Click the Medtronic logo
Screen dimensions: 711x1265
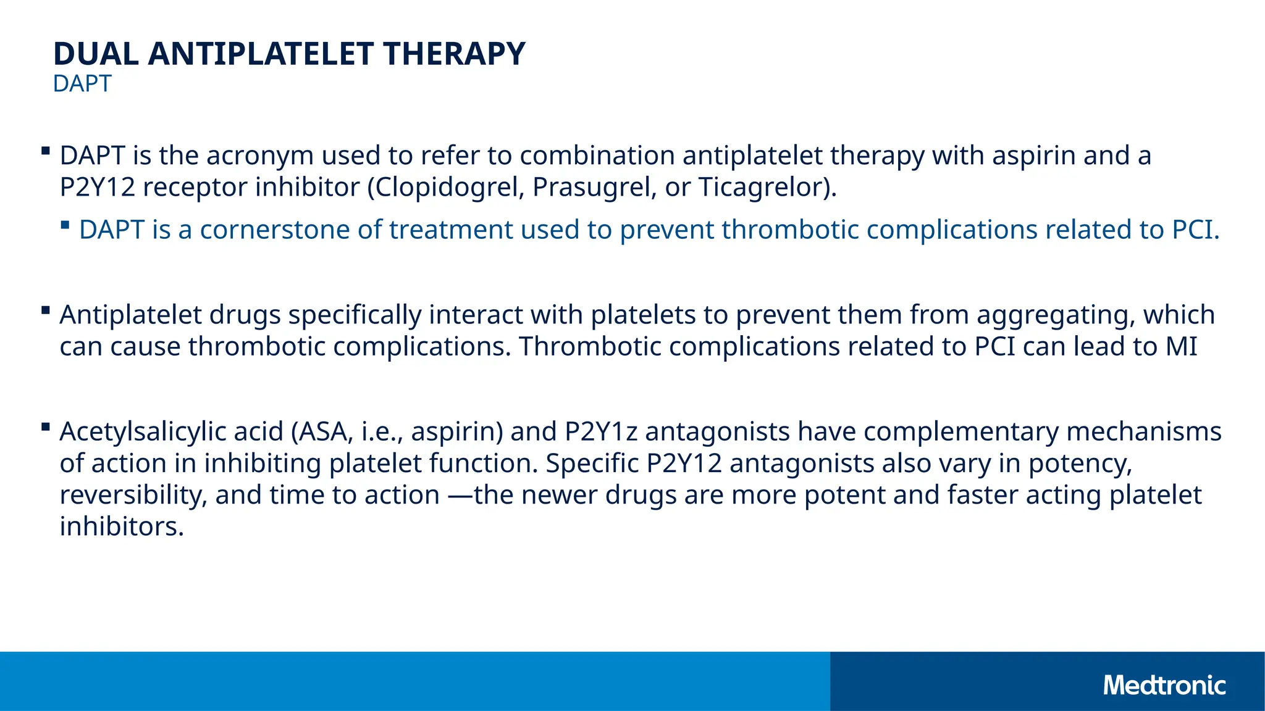(x=1164, y=686)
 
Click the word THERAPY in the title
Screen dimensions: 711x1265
(x=454, y=54)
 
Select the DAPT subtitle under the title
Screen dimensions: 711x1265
(x=82, y=84)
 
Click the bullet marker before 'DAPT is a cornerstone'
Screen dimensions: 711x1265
(x=65, y=225)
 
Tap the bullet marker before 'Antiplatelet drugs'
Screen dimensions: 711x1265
(x=46, y=310)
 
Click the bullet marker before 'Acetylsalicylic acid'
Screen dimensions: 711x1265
(x=46, y=426)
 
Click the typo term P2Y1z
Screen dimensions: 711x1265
(x=601, y=432)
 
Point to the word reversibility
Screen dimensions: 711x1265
(x=133, y=496)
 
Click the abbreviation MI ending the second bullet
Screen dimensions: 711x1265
(x=1181, y=347)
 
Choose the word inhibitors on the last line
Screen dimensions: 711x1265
(x=122, y=527)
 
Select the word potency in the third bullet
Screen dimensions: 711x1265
(x=1079, y=464)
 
